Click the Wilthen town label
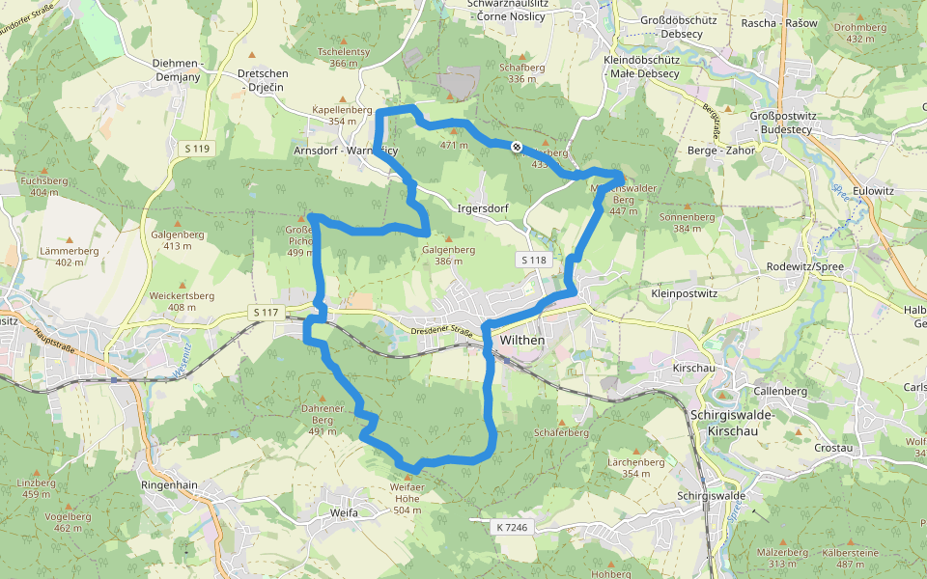(522, 341)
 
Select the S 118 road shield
(533, 261)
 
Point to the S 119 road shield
(197, 149)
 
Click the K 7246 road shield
(513, 527)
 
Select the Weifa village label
(343, 512)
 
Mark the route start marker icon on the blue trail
(518, 147)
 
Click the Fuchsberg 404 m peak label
(43, 186)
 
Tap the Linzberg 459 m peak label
(36, 488)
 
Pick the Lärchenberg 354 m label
(635, 468)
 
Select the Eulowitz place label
(872, 191)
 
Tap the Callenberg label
(780, 391)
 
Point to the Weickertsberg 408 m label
(182, 301)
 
